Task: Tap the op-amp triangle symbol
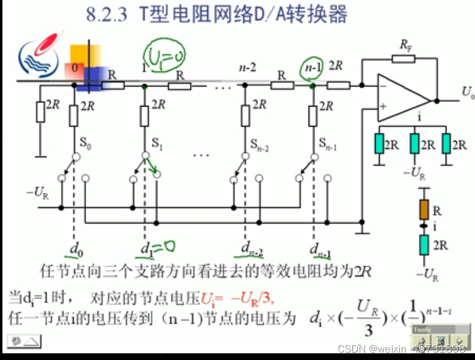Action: point(402,98)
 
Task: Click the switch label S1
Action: point(157,145)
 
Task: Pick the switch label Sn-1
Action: point(327,145)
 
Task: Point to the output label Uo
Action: point(467,93)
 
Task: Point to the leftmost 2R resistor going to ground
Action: point(40,112)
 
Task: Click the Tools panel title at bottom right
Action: point(421,330)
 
